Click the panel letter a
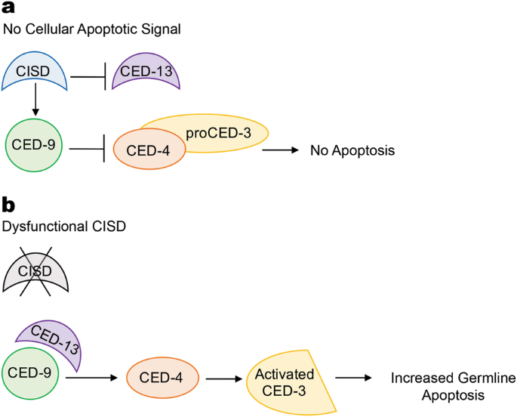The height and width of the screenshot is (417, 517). click(8, 10)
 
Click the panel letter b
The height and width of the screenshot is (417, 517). click(9, 205)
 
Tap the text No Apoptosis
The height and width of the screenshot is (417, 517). click(352, 151)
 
